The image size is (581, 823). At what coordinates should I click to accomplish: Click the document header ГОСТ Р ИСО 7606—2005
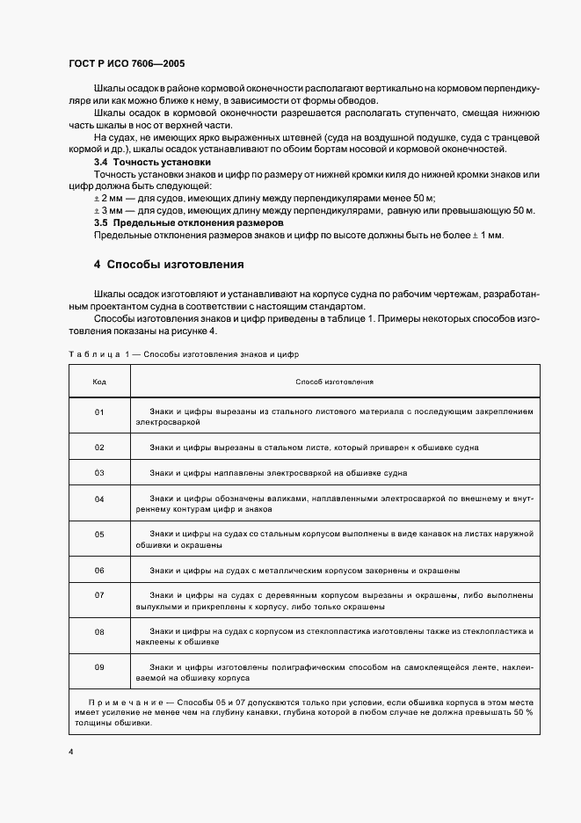[x=126, y=64]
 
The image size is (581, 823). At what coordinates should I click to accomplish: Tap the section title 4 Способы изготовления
[x=169, y=265]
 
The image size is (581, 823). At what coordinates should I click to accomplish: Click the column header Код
[x=99, y=382]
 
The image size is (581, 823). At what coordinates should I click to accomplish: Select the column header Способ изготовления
[x=335, y=382]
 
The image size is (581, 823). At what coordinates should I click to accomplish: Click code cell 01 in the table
[x=99, y=411]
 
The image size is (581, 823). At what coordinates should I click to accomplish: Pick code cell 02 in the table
[x=99, y=447]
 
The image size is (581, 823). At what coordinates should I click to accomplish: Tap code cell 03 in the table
[x=99, y=473]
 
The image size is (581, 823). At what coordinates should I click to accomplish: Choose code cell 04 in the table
[x=99, y=499]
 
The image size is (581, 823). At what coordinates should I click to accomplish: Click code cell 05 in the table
[x=99, y=534]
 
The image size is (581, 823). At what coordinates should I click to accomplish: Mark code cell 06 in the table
[x=99, y=570]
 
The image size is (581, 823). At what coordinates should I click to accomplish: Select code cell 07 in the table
[x=99, y=595]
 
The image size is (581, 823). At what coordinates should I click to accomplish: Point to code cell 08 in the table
[x=99, y=631]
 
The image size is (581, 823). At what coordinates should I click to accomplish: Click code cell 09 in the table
[x=99, y=667]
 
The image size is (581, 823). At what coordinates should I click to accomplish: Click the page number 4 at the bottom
[x=70, y=753]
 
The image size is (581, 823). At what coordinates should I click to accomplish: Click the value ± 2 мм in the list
[x=110, y=200]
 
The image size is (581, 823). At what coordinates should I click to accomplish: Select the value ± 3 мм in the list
[x=110, y=211]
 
